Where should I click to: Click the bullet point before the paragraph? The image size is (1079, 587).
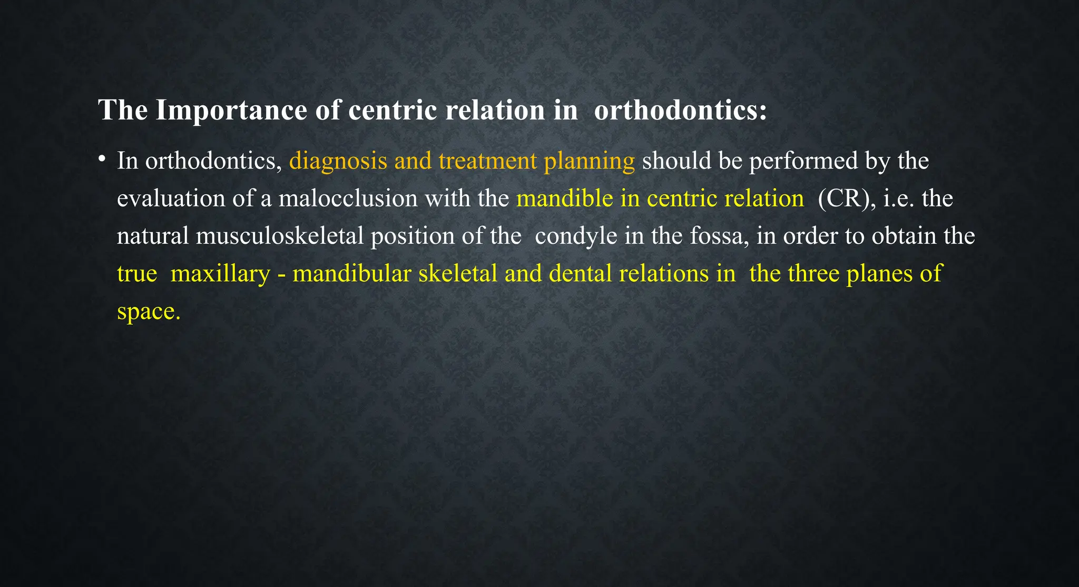(103, 158)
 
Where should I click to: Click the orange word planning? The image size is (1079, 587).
(589, 161)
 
